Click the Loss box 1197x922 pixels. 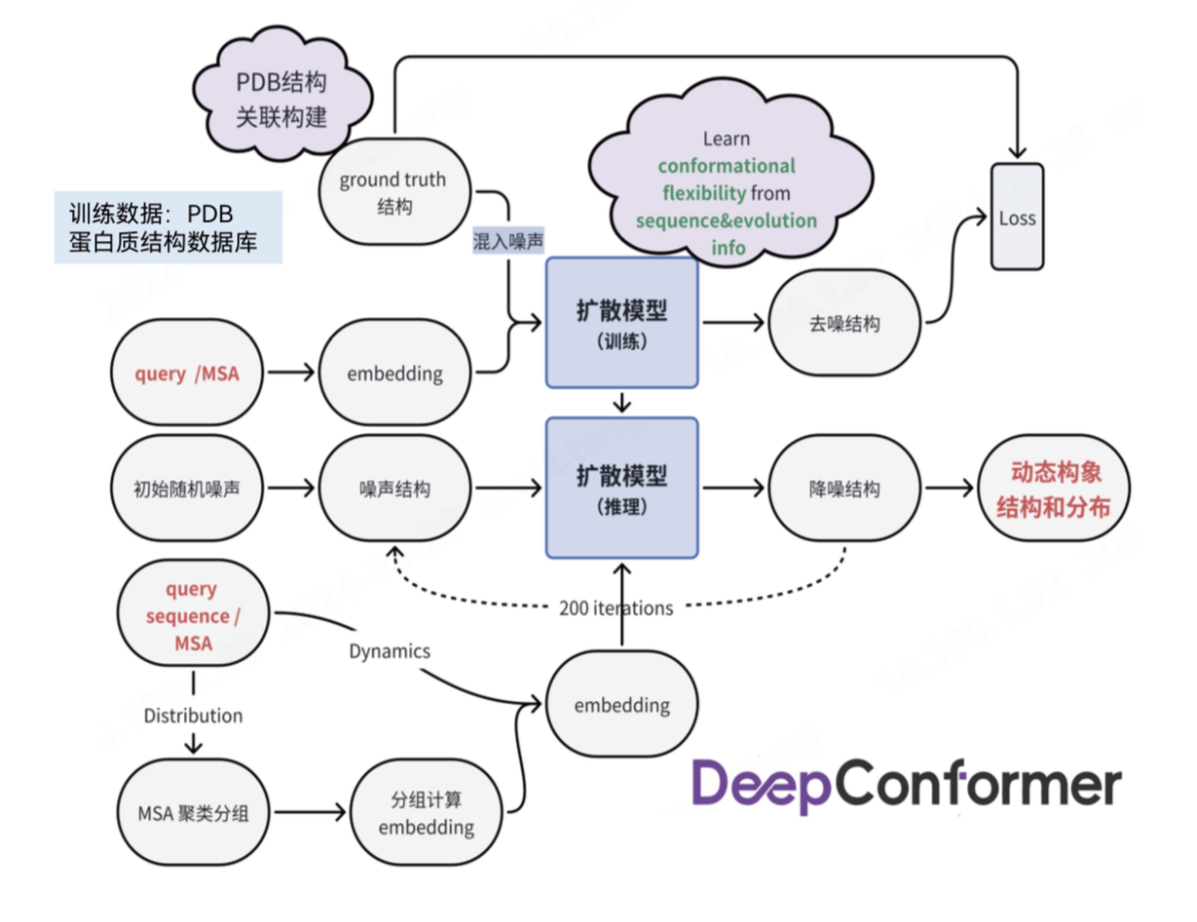1017,217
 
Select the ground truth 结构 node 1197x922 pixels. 394,192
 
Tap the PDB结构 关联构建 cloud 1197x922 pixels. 281,99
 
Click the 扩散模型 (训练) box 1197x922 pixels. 622,323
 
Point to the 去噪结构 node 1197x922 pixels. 844,323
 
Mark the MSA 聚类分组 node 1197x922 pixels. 193,812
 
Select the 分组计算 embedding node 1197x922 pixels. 426,812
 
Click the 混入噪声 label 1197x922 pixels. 508,241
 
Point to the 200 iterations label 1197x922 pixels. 616,608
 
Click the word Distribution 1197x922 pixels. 193,715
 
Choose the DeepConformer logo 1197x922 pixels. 907,785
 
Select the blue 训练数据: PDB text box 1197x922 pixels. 168,227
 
